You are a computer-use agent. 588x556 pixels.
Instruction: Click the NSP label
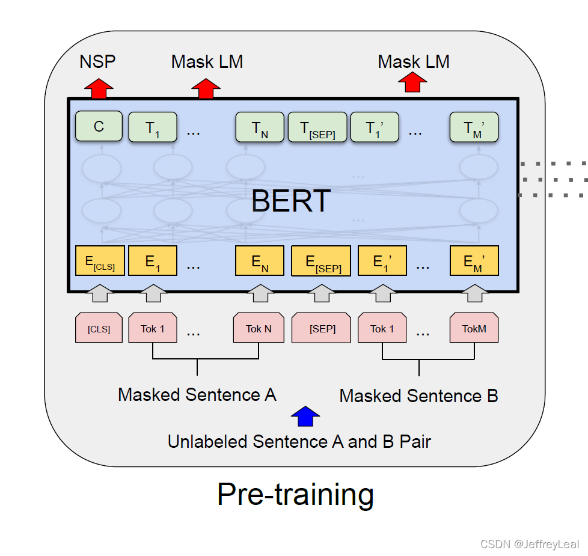pyautogui.click(x=97, y=61)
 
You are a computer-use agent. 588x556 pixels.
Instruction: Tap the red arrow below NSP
pyautogui.click(x=98, y=89)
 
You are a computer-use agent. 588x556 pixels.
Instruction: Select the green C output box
pyautogui.click(x=99, y=126)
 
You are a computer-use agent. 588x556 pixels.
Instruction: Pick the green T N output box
pyautogui.click(x=260, y=127)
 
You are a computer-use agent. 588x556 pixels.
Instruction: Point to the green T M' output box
pyautogui.click(x=474, y=127)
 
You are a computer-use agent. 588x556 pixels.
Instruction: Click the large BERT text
pyautogui.click(x=291, y=201)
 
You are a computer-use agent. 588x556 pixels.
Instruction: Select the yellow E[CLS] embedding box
pyautogui.click(x=100, y=261)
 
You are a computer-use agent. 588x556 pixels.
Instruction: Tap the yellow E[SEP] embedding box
pyautogui.click(x=320, y=261)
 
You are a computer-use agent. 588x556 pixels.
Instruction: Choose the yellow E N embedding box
pyautogui.click(x=260, y=261)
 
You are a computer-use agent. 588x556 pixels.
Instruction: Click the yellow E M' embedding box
pyautogui.click(x=474, y=261)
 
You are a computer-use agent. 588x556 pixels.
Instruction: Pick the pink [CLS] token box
pyautogui.click(x=99, y=328)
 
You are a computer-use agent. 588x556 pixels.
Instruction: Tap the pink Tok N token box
pyautogui.click(x=259, y=328)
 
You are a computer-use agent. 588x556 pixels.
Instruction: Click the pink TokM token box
pyautogui.click(x=474, y=328)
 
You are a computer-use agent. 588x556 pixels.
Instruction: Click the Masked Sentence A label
pyautogui.click(x=197, y=395)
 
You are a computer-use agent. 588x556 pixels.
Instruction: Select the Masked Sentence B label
pyautogui.click(x=418, y=396)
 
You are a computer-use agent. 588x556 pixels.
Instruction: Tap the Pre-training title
pyautogui.click(x=295, y=494)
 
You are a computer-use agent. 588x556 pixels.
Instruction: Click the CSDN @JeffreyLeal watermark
pyautogui.click(x=530, y=544)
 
